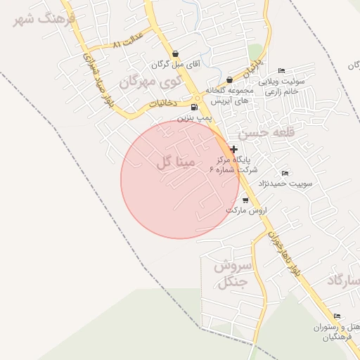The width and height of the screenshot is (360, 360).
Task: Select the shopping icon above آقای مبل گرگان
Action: click(x=175, y=53)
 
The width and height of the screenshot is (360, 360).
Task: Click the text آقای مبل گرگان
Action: click(x=176, y=64)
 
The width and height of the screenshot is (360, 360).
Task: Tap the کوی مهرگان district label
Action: click(x=150, y=82)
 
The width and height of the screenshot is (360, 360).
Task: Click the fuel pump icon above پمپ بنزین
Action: click(x=194, y=108)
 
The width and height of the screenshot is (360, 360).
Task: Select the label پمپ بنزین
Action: click(x=195, y=118)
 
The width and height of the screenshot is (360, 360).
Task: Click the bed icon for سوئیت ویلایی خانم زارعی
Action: click(x=281, y=70)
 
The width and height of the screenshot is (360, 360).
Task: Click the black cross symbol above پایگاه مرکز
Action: click(x=233, y=149)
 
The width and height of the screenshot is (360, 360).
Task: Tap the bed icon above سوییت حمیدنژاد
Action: click(x=285, y=173)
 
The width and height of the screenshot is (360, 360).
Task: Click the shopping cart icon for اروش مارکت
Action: click(x=245, y=200)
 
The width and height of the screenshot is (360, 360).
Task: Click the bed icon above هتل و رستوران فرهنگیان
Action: click(x=337, y=316)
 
